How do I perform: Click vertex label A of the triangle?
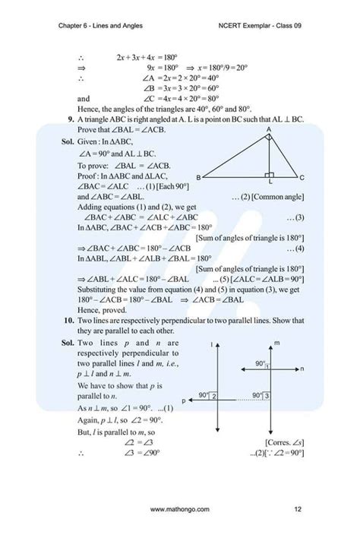(268, 129)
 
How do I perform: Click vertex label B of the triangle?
(198, 177)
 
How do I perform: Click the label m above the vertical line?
(277, 344)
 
